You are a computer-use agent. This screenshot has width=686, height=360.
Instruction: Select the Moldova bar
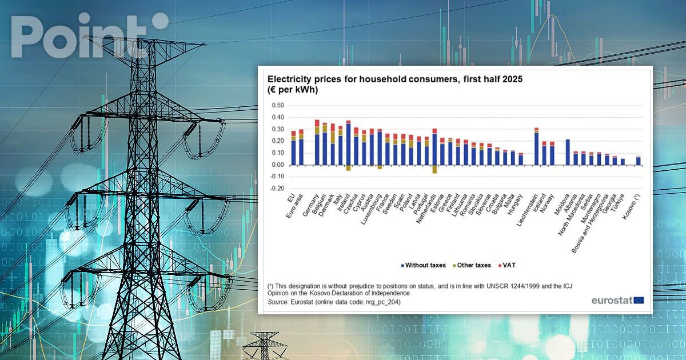tap(568, 152)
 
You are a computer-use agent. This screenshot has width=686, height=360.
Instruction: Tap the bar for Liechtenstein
tap(536, 147)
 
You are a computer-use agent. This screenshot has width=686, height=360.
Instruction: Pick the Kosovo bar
tap(638, 161)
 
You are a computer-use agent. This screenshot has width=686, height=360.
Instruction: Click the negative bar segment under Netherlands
tap(434, 169)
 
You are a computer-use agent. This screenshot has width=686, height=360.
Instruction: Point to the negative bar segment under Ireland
tap(348, 168)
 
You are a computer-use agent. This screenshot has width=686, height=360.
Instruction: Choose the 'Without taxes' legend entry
tap(424, 265)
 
